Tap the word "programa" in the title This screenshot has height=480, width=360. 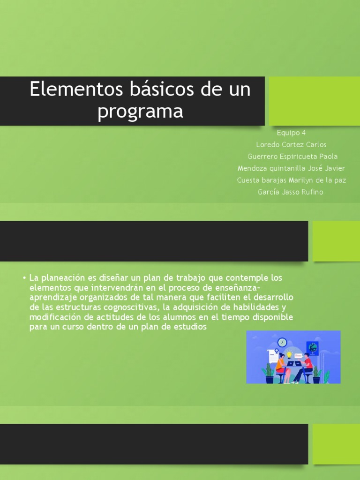pyautogui.click(x=140, y=112)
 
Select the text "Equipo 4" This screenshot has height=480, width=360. pyautogui.click(x=291, y=133)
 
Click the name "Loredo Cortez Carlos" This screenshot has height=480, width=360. pyautogui.click(x=291, y=144)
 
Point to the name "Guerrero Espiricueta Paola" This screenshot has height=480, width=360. pyautogui.click(x=292, y=157)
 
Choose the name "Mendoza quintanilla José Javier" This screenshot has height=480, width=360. pyautogui.click(x=291, y=168)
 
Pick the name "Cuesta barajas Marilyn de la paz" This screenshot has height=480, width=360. pyautogui.click(x=292, y=180)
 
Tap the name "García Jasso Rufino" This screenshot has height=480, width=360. pyautogui.click(x=290, y=192)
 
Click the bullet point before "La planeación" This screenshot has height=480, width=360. pyautogui.click(x=23, y=278)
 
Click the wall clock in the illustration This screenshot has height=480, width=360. pyautogui.click(x=282, y=342)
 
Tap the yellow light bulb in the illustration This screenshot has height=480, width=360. pyautogui.click(x=289, y=354)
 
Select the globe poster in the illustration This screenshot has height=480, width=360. pyautogui.click(x=312, y=348)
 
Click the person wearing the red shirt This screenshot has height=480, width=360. pyautogui.click(x=307, y=363)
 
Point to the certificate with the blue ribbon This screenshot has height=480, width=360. pyautogui.click(x=273, y=355)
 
